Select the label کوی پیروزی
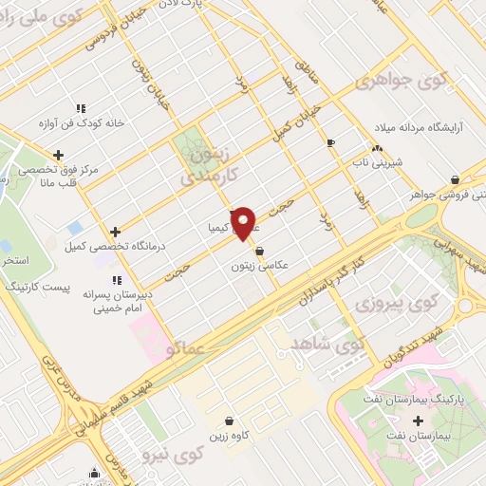[x=386, y=305]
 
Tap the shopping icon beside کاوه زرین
[x=228, y=421]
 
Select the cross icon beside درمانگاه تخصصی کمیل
[x=115, y=231]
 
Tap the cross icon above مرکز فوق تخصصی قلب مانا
[x=59, y=155]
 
